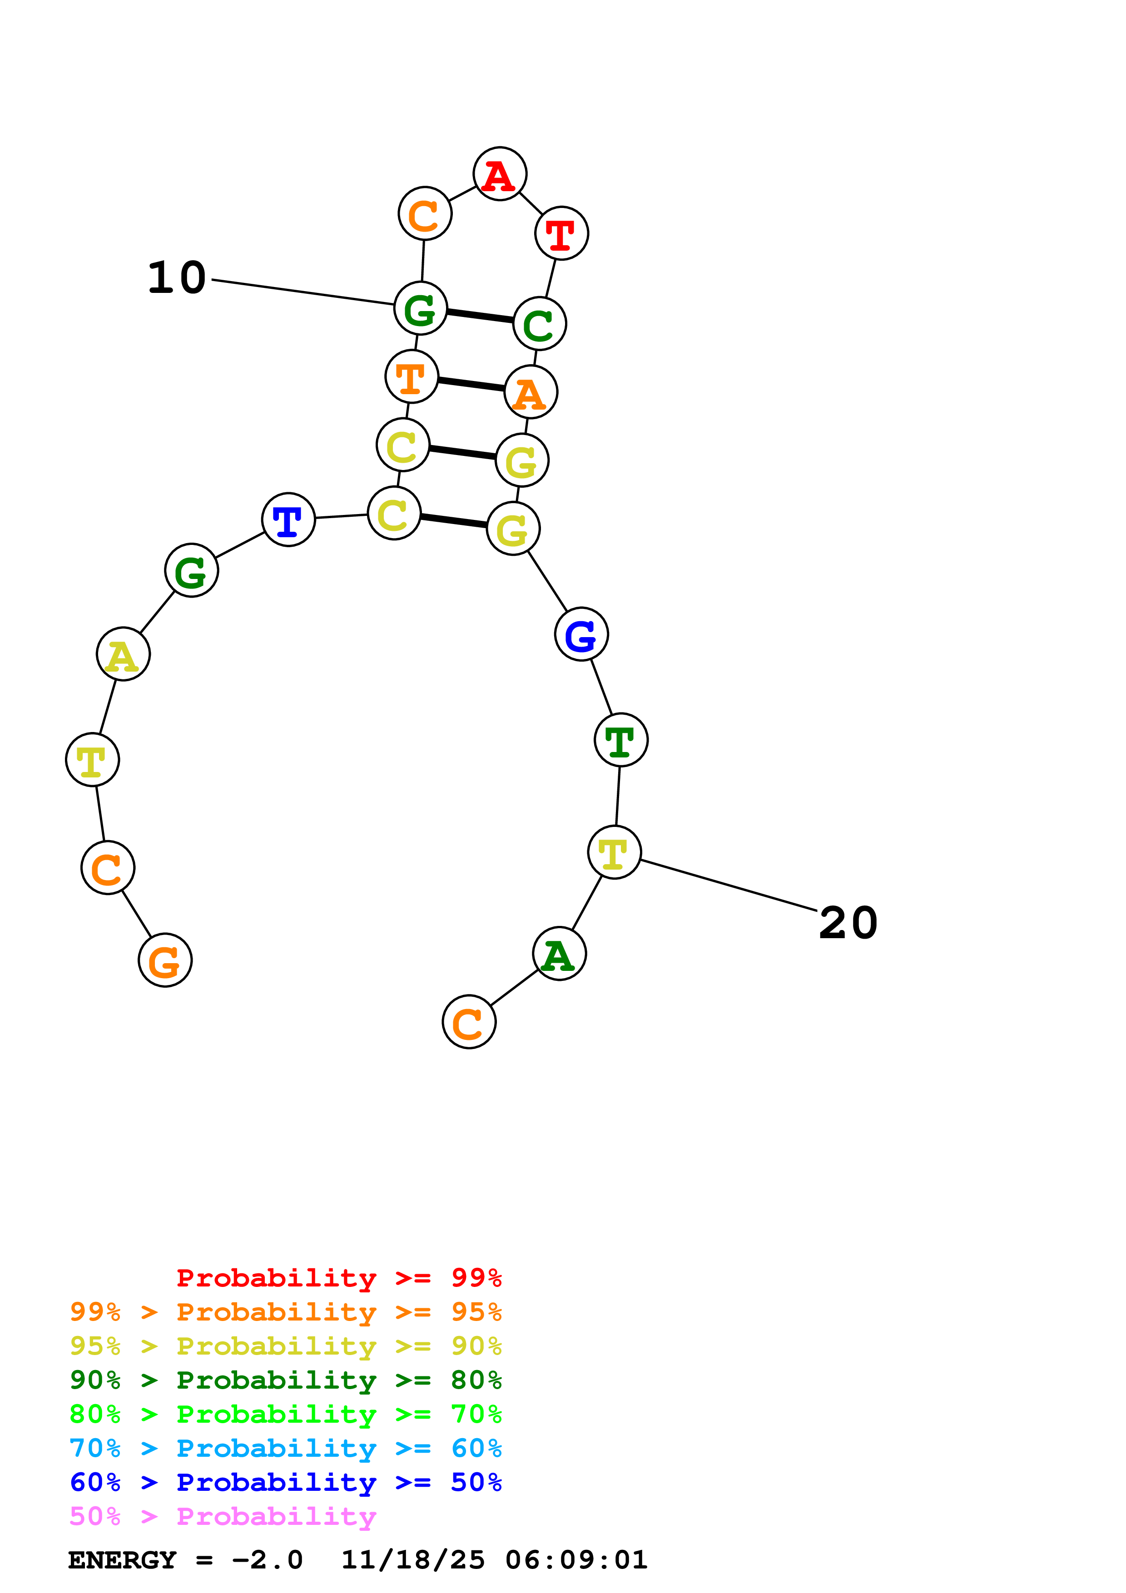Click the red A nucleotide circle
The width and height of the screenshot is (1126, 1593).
(x=500, y=173)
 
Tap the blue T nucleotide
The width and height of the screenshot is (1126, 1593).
(x=288, y=519)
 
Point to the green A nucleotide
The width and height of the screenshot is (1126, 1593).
(x=559, y=954)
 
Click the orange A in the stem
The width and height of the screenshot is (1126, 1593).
(x=531, y=393)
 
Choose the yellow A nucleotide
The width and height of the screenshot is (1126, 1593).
(x=123, y=654)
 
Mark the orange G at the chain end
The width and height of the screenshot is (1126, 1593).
(x=165, y=960)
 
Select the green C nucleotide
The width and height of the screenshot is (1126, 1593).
(x=540, y=324)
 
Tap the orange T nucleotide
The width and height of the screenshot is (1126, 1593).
(x=412, y=377)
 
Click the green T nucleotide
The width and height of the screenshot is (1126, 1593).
(x=621, y=740)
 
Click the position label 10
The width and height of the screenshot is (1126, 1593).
(x=177, y=278)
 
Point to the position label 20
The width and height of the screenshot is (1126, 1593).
(x=848, y=924)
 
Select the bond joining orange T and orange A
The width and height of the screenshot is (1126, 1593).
(x=471, y=384)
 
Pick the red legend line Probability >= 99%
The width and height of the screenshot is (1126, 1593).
(x=338, y=1277)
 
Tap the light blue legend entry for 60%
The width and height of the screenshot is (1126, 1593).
(x=285, y=1448)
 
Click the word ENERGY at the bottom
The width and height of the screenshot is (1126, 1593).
(x=121, y=1560)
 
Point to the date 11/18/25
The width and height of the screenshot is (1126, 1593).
(x=413, y=1560)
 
